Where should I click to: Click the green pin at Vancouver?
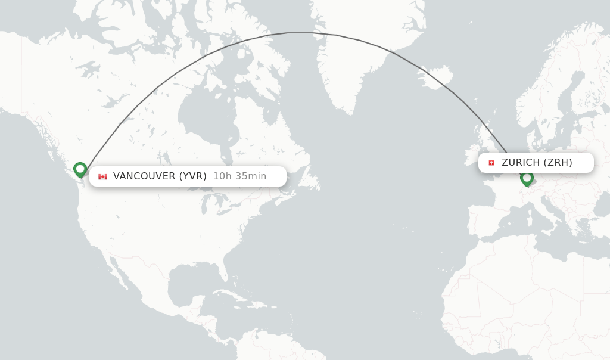(x=80, y=170)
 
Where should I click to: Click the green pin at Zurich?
(x=527, y=178)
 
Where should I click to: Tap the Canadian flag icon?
(x=102, y=176)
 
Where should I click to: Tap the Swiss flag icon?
(x=491, y=163)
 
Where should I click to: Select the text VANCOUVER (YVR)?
(x=160, y=176)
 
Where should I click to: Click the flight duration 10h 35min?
(x=239, y=176)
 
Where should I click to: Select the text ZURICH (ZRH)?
(x=537, y=163)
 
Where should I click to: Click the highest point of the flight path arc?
(x=304, y=33)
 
